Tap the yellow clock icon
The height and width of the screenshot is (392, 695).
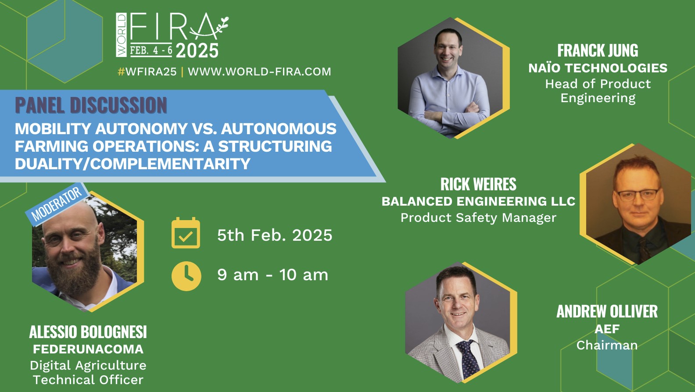(186, 276)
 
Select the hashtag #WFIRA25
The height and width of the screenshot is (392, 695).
(147, 71)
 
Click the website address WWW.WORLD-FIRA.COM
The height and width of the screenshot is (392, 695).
(259, 71)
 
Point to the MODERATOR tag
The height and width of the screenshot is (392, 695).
(57, 203)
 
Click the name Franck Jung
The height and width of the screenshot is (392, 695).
(598, 50)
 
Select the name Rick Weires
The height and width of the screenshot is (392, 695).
(478, 184)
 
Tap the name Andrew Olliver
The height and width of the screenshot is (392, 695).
(607, 311)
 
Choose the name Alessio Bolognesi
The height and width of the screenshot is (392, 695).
(88, 332)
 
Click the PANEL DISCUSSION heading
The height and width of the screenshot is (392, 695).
(91, 105)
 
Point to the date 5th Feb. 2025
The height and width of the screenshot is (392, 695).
(275, 235)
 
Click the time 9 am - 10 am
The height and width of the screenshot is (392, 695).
(272, 275)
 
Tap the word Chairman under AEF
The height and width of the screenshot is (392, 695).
(607, 345)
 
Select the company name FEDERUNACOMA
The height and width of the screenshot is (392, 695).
(88, 349)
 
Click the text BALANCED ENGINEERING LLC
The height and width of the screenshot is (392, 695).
(478, 201)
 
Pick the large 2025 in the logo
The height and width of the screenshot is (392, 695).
(197, 50)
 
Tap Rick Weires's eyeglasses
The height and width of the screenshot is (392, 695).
(638, 195)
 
